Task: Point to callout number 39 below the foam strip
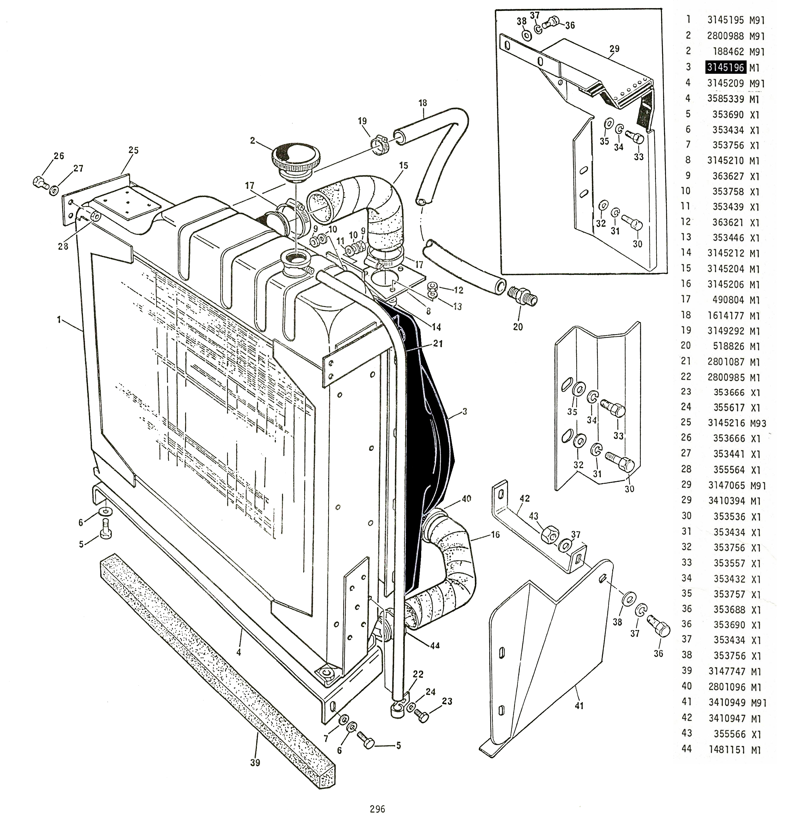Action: (x=255, y=762)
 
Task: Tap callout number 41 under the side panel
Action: (x=579, y=706)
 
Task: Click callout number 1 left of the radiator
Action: (x=59, y=320)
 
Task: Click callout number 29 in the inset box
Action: (x=614, y=49)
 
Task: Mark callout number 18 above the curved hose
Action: (x=423, y=103)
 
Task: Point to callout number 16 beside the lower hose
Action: (x=495, y=534)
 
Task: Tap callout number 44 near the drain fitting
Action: (x=435, y=645)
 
